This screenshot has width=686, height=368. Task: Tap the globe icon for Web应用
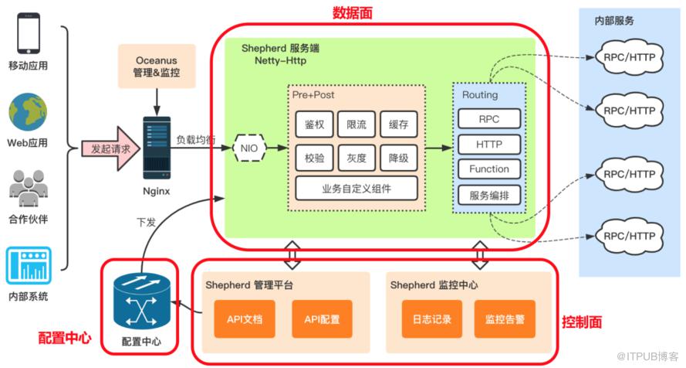pos(28,111)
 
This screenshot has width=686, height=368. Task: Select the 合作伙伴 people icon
pos(28,187)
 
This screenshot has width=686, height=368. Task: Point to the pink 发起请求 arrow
pos(107,148)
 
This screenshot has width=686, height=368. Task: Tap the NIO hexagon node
pos(248,148)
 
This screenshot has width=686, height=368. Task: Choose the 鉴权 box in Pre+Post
pos(314,124)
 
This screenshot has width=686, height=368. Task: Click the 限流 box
pos(357,124)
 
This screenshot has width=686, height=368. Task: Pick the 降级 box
pos(398,158)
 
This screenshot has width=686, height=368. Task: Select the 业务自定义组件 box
pos(357,188)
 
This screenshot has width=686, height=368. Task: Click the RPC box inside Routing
pos(488,119)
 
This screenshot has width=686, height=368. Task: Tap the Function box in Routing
pos(488,169)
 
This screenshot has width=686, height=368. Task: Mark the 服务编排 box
pos(488,195)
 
